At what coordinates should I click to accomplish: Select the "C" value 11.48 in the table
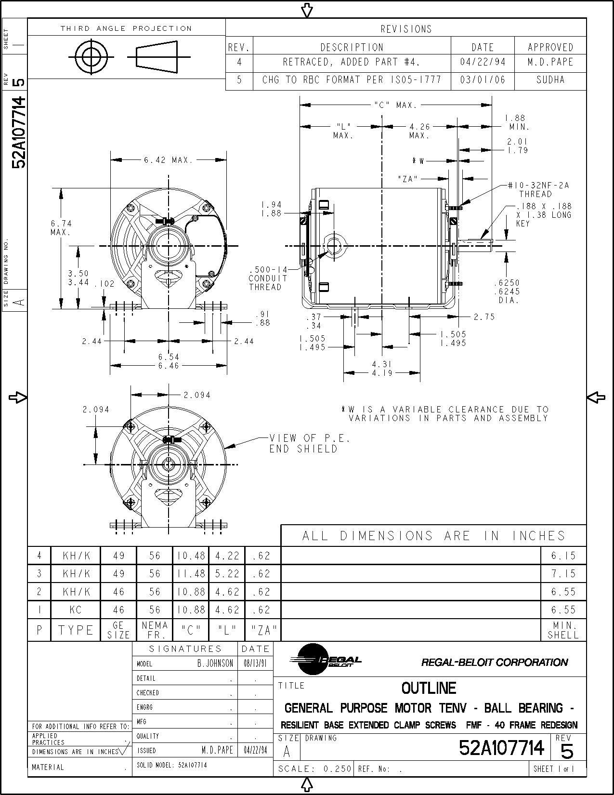[191, 574]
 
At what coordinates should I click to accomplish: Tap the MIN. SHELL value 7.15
[563, 574]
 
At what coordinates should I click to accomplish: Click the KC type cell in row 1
[76, 610]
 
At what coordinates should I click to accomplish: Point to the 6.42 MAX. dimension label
[168, 160]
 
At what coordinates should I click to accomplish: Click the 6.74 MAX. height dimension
[61, 227]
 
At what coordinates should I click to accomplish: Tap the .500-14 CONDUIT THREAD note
[268, 278]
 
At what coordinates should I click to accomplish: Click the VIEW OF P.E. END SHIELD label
[309, 443]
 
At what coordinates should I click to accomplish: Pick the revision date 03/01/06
[483, 80]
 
